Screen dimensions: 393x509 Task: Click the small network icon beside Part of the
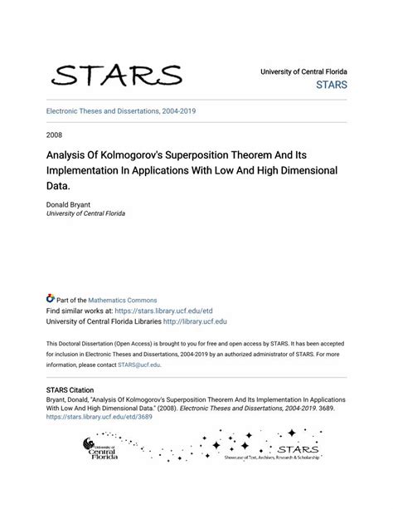(51, 299)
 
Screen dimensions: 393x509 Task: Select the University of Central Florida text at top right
(303, 72)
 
